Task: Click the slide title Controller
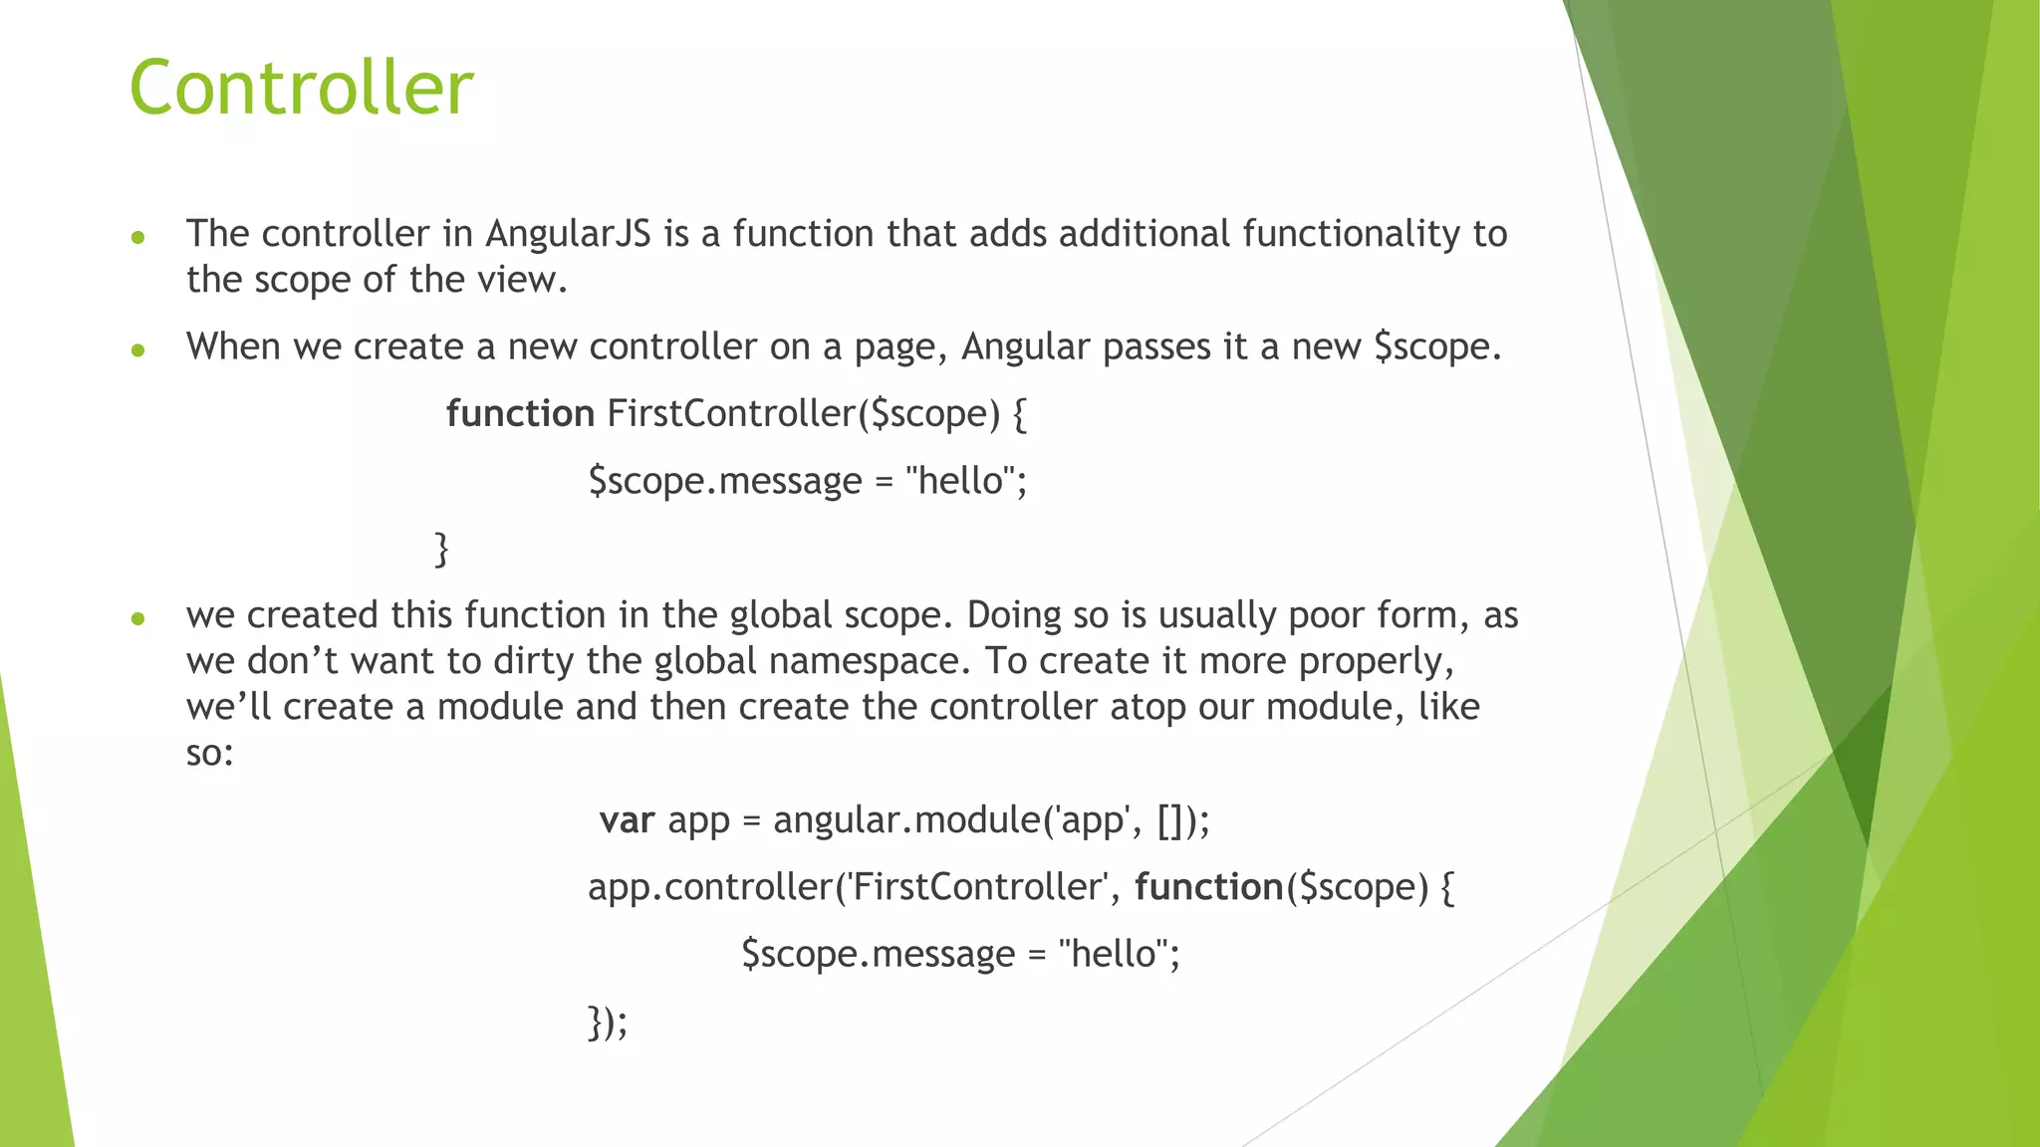[x=301, y=88]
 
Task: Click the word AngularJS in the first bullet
[x=568, y=234]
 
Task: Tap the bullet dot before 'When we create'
[x=138, y=349]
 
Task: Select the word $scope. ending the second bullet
[x=1436, y=347]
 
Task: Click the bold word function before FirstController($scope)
[x=519, y=413]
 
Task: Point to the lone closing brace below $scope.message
[x=441, y=549]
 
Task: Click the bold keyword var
[x=627, y=820]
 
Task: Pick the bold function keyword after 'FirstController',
[x=1208, y=887]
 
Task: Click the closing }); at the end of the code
[x=608, y=1023]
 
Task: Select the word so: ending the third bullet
[x=209, y=753]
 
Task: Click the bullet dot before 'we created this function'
[x=138, y=618]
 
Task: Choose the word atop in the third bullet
[x=1147, y=707]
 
